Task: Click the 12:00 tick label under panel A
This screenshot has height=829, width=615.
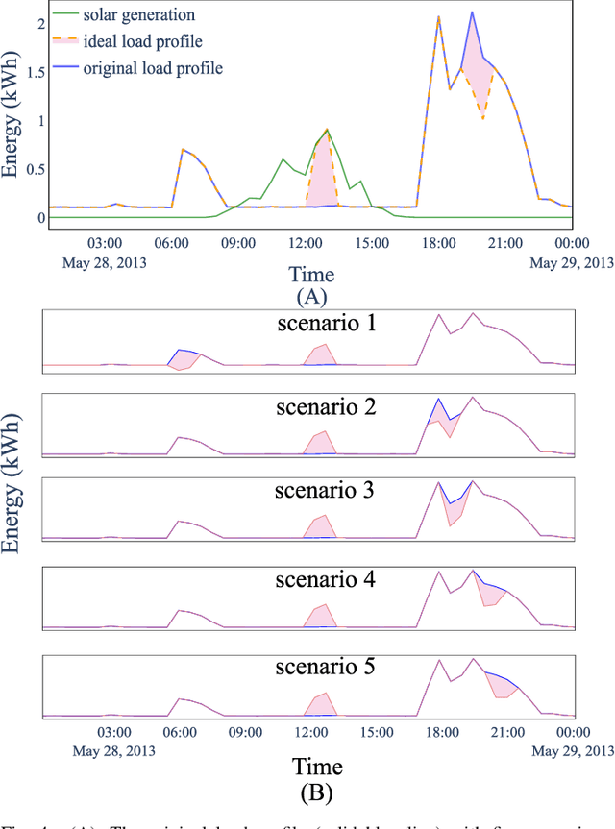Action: point(306,244)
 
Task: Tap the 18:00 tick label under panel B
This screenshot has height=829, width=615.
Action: point(438,732)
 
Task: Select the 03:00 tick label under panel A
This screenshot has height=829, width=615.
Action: point(104,244)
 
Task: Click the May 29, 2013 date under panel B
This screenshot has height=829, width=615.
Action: point(575,749)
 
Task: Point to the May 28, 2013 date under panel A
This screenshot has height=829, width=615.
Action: point(104,261)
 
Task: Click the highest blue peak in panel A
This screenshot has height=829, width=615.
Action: point(472,12)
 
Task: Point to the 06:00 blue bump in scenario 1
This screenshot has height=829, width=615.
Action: point(184,352)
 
